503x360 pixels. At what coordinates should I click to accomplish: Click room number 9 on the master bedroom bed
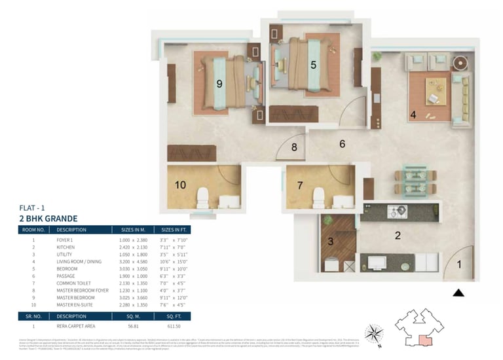coord(219,83)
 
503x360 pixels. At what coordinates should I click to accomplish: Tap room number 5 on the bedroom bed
coord(314,65)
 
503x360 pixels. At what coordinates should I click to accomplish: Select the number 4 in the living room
coord(413,115)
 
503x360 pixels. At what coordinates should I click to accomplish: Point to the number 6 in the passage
coord(342,143)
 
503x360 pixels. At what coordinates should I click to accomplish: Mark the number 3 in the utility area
coord(331,242)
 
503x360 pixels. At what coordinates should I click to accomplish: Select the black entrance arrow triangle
coord(458,293)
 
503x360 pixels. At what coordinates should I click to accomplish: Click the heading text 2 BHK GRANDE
coord(48,218)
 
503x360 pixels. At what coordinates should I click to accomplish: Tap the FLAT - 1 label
coord(33,207)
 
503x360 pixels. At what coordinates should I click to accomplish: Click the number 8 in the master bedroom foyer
coord(294,147)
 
